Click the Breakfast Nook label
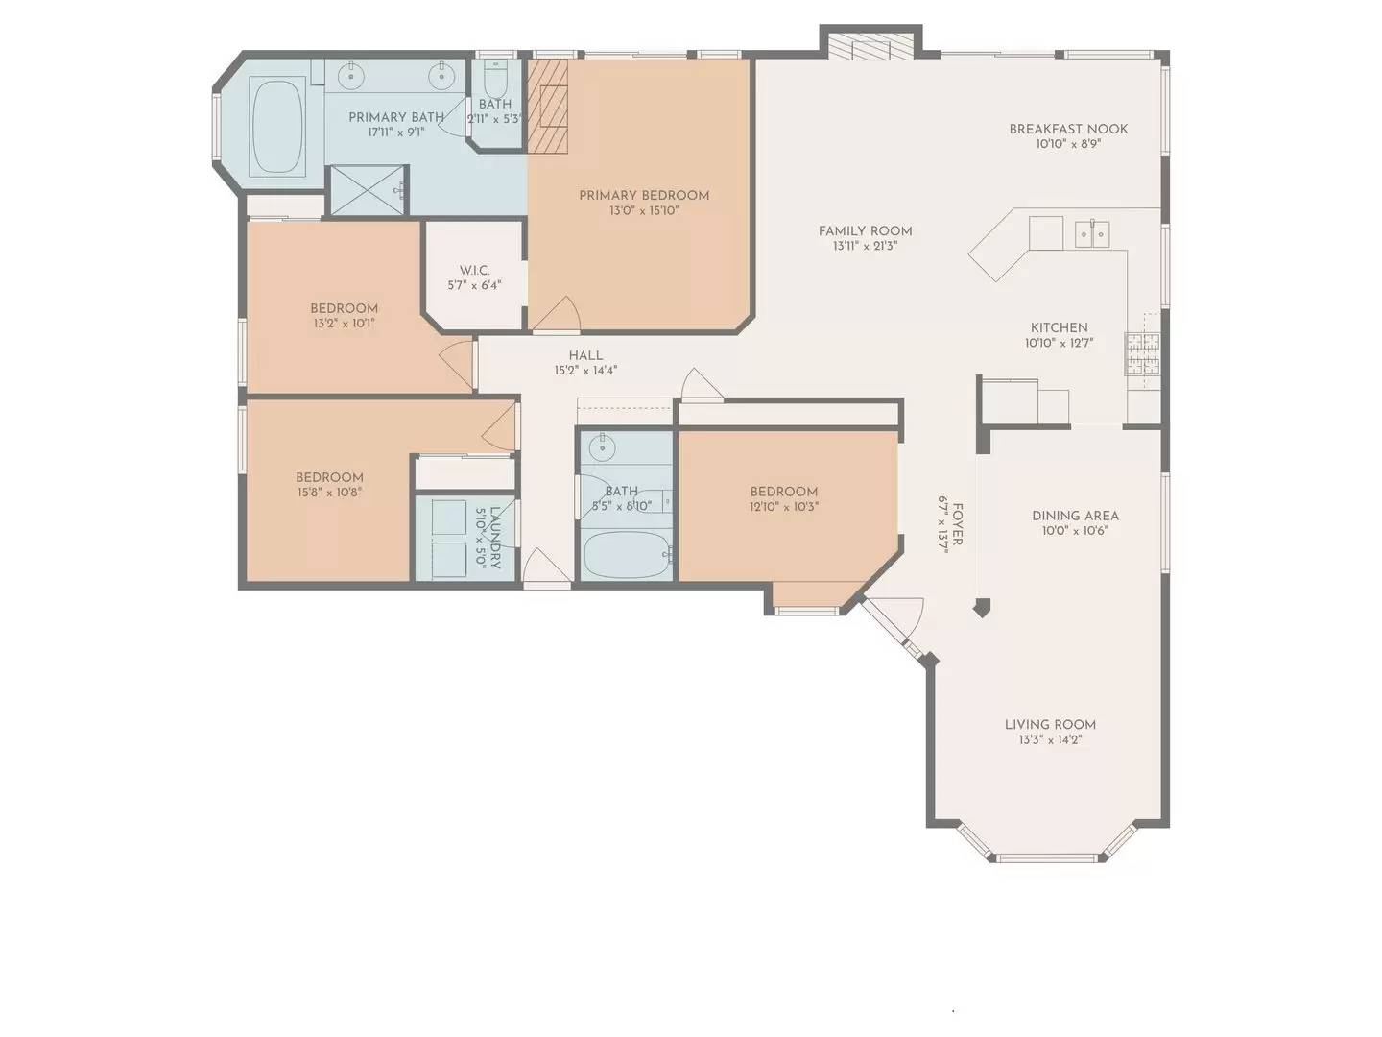click(1068, 129)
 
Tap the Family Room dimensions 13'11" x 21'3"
click(865, 246)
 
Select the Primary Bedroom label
click(644, 195)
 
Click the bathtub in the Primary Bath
click(276, 127)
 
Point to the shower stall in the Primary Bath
click(368, 190)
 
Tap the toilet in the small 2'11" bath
click(495, 77)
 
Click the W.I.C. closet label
click(474, 270)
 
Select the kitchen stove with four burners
click(1142, 353)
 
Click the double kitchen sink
click(1092, 232)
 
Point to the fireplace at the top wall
click(870, 48)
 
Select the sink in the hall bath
click(603, 446)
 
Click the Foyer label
click(957, 524)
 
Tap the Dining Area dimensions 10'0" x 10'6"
click(1075, 530)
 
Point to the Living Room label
click(1050, 724)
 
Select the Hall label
click(585, 355)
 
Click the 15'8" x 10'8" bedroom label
click(329, 477)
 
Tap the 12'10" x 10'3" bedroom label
click(784, 492)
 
